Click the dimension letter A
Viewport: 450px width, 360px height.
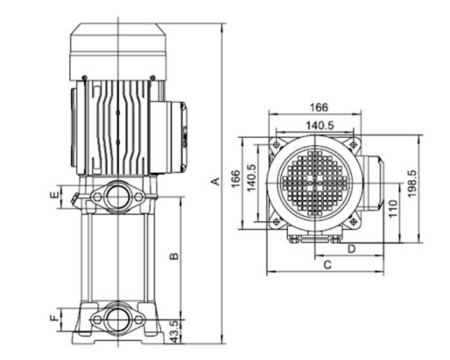pos(216,181)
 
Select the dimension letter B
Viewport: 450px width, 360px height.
pos(174,256)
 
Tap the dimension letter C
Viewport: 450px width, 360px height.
pos(327,265)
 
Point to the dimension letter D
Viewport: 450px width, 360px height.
pos(351,249)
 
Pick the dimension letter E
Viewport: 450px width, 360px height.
pos(54,195)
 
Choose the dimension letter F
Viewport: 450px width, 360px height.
pos(54,318)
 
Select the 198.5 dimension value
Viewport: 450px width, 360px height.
pos(412,184)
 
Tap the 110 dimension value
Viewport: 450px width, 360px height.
pos(393,208)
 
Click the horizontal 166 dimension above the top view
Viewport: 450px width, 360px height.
pos(319,107)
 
